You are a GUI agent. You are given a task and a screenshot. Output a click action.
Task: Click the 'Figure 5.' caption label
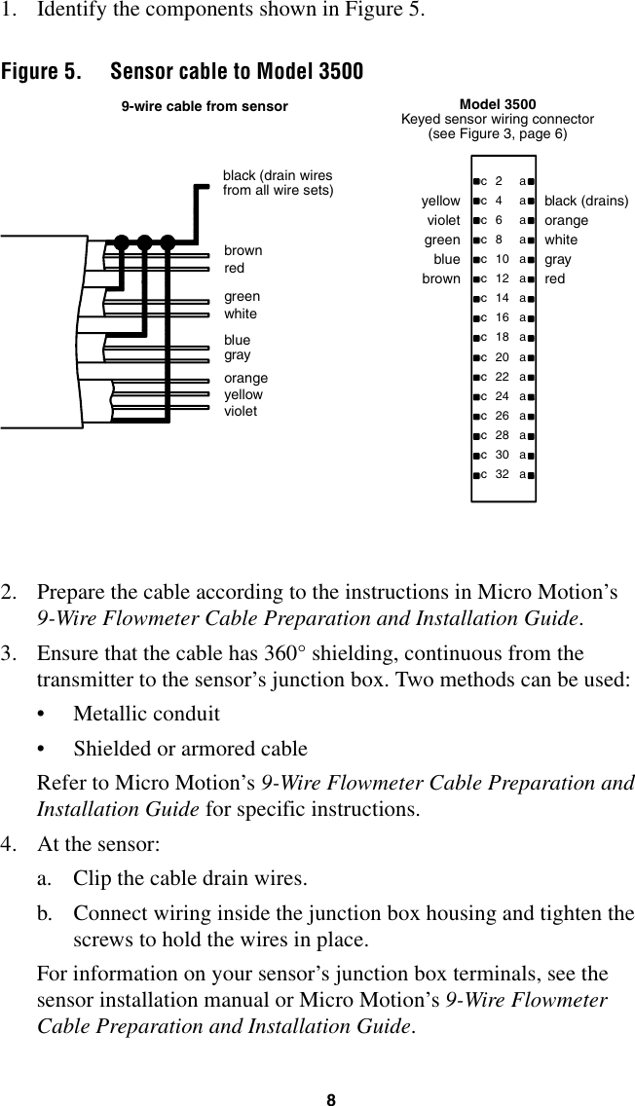click(41, 73)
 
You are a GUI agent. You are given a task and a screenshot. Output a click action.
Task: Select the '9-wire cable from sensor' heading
click(204, 106)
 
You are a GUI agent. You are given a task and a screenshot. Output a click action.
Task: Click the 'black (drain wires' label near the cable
click(278, 176)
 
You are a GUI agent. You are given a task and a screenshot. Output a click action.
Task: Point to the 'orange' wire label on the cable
click(245, 378)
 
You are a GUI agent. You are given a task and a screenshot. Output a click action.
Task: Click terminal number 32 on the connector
click(501, 475)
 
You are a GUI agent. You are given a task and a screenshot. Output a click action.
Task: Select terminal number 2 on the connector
click(500, 181)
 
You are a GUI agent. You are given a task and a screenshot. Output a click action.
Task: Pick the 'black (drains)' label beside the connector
click(586, 202)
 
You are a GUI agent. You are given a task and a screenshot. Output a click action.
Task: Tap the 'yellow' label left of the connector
click(441, 202)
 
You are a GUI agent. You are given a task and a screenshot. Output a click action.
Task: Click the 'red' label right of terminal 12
click(555, 279)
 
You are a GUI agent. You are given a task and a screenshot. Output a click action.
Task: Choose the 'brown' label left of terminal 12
click(441, 279)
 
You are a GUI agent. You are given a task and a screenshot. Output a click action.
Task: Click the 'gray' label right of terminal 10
click(558, 260)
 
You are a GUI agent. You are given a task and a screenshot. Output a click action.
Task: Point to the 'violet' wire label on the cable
click(241, 411)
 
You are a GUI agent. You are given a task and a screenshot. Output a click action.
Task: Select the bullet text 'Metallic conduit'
click(146, 714)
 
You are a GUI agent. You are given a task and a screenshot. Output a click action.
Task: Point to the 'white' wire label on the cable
click(241, 314)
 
